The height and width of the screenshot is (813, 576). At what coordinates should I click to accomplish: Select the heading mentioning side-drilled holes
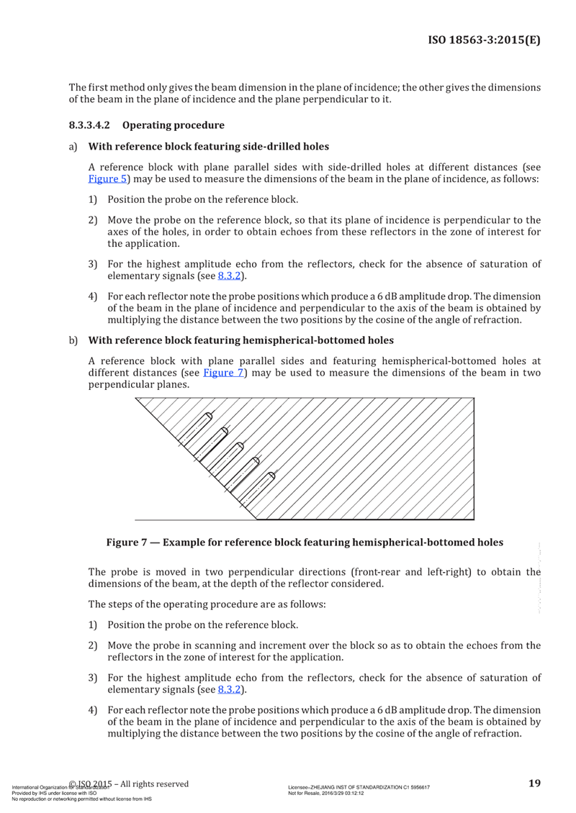click(x=208, y=147)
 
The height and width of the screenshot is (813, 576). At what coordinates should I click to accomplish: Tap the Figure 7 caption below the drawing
click(x=305, y=541)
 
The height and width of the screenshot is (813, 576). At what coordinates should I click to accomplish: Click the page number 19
click(x=534, y=783)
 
